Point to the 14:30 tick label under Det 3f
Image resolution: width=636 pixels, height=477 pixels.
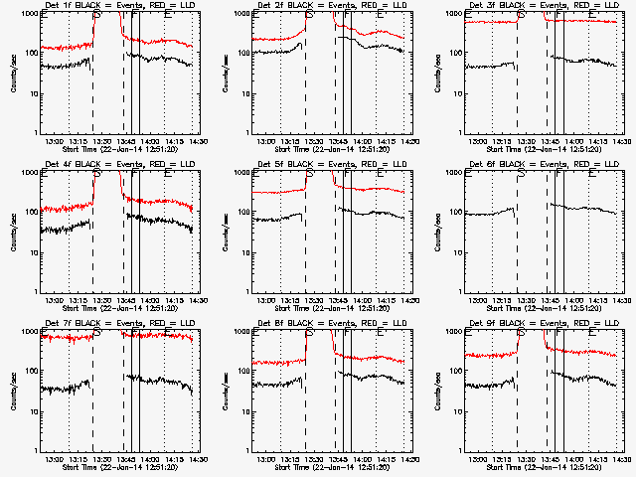tap(621, 141)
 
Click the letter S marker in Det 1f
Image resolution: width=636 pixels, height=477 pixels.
tap(95, 17)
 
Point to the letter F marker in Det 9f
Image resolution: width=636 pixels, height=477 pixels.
tap(558, 335)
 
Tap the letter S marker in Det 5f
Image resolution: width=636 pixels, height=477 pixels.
tap(309, 176)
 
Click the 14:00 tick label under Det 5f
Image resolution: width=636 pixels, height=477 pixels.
tap(363, 300)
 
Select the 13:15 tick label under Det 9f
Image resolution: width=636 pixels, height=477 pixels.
tap(503, 459)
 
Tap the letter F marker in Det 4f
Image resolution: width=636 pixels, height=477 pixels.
tap(134, 176)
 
